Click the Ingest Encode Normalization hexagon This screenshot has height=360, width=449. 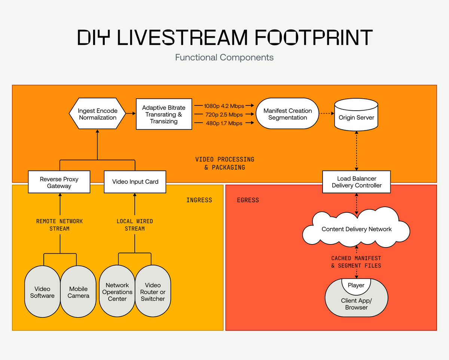coord(97,114)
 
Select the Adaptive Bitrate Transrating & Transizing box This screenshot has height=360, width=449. coord(164,114)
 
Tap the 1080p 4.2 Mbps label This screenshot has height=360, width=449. coord(224,106)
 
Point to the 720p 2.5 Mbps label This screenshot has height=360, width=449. coord(224,115)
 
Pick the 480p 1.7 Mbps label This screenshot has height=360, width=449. coord(224,123)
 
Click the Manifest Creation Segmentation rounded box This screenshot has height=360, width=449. coord(287,114)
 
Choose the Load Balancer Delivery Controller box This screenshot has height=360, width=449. coord(356,182)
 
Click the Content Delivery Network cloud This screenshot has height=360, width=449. coord(356,229)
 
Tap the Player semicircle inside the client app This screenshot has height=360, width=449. coord(356,286)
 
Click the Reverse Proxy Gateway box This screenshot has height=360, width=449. coord(59,182)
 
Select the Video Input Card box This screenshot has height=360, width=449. coord(135,182)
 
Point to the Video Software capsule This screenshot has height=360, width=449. coord(42,292)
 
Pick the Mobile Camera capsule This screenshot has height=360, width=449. coord(79,292)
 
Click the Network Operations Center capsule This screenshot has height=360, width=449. coord(117,292)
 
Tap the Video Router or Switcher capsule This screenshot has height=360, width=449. coord(153,292)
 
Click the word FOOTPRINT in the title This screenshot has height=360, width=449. coord(314,37)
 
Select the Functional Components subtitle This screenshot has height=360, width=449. coord(224,58)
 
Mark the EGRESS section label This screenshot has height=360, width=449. coord(248,200)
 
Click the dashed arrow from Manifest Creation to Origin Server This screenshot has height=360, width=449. coord(326,114)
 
